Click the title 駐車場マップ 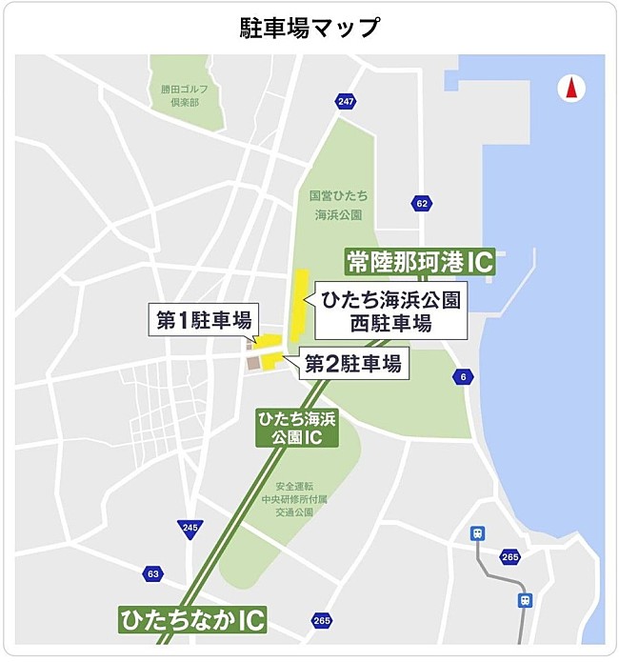pyautogui.click(x=309, y=28)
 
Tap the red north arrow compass pyautogui.click(x=572, y=90)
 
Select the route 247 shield pyautogui.click(x=346, y=101)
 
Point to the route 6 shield pyautogui.click(x=463, y=375)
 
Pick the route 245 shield pyautogui.click(x=189, y=527)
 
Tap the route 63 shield pyautogui.click(x=152, y=573)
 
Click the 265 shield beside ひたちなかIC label pyautogui.click(x=321, y=620)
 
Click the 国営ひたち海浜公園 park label pyautogui.click(x=338, y=205)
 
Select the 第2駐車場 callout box pyautogui.click(x=350, y=363)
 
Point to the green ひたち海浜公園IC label pyautogui.click(x=297, y=428)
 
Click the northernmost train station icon pyautogui.click(x=476, y=534)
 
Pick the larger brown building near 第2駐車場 pyautogui.click(x=253, y=363)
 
